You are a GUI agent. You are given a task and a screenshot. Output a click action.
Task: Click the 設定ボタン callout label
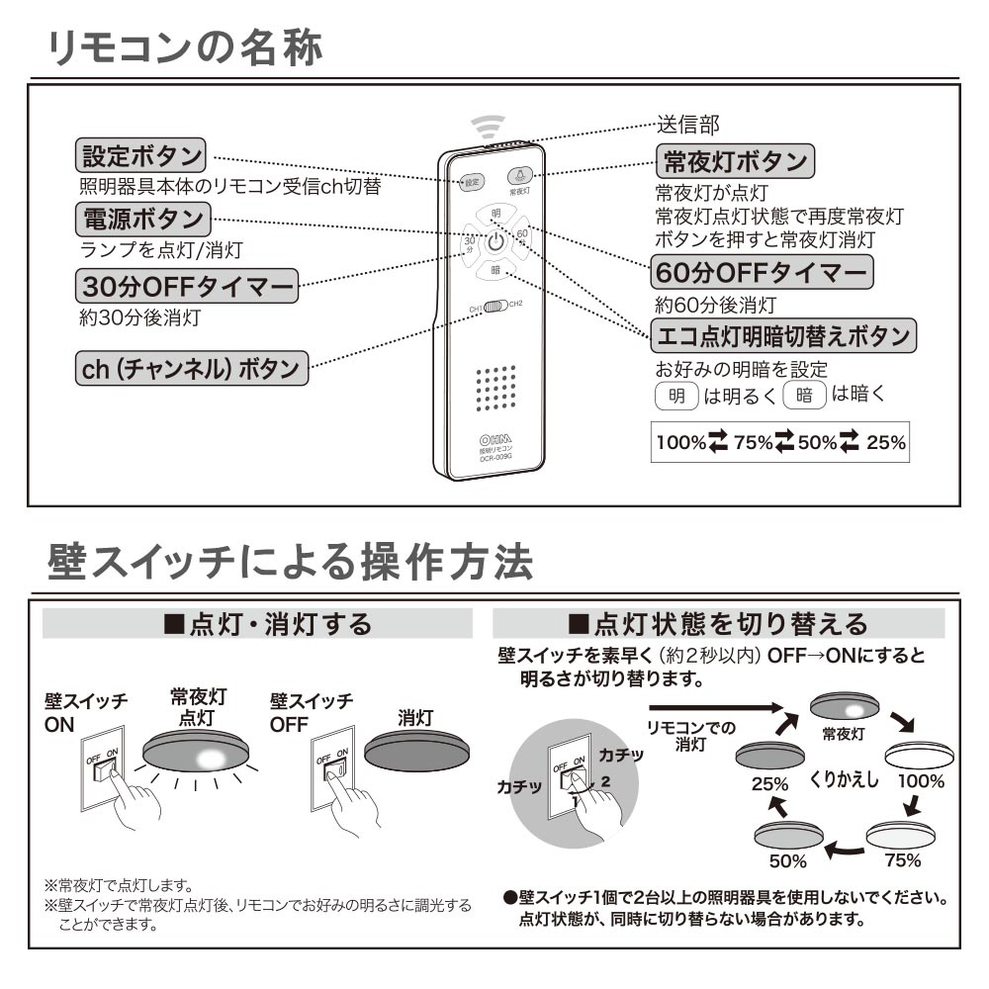pos(140,155)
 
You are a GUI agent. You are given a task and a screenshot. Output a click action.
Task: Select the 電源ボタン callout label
pos(140,218)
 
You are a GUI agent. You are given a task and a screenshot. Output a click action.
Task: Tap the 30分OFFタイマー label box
pos(187,287)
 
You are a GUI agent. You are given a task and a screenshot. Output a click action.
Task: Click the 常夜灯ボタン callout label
pos(734,160)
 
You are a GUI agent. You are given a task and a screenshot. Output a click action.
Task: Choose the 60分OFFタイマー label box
pos(763,271)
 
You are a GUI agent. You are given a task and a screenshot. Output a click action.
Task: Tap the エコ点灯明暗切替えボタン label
pos(783,336)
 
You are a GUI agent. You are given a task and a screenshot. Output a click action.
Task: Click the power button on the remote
pos(495,241)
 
